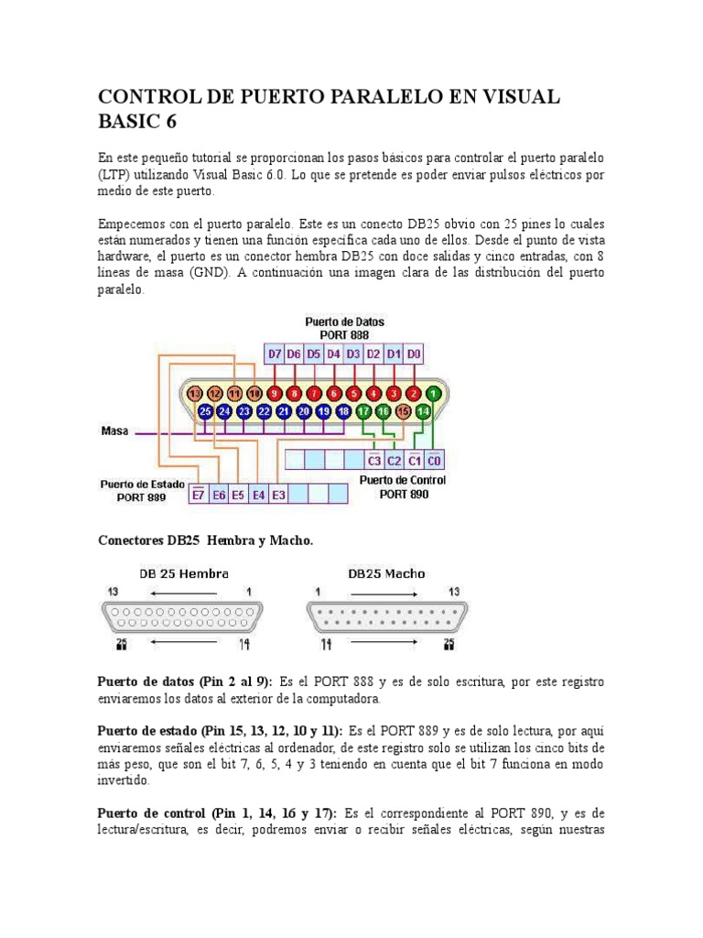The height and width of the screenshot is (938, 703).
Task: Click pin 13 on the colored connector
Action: tap(195, 394)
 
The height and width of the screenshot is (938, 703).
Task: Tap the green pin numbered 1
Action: tap(433, 394)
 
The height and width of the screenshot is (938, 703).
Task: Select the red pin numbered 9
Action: tap(275, 394)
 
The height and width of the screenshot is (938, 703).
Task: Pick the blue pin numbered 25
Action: tap(205, 412)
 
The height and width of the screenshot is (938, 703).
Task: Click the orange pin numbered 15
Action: tap(404, 412)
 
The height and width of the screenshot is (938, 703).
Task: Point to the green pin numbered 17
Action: tap(363, 412)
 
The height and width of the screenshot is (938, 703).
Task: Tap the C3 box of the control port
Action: tap(373, 460)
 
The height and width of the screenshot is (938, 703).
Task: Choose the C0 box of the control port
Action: tap(434, 460)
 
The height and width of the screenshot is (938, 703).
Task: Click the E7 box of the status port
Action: tap(199, 495)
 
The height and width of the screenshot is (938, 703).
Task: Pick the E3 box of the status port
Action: tap(279, 495)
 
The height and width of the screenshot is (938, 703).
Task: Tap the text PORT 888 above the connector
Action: tap(345, 334)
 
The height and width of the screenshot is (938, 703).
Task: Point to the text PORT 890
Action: tap(405, 495)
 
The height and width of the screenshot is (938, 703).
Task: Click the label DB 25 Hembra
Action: tap(184, 573)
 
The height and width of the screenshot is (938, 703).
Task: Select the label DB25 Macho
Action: tap(386, 573)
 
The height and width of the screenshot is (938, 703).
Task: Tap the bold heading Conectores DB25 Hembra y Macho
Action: tap(205, 540)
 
